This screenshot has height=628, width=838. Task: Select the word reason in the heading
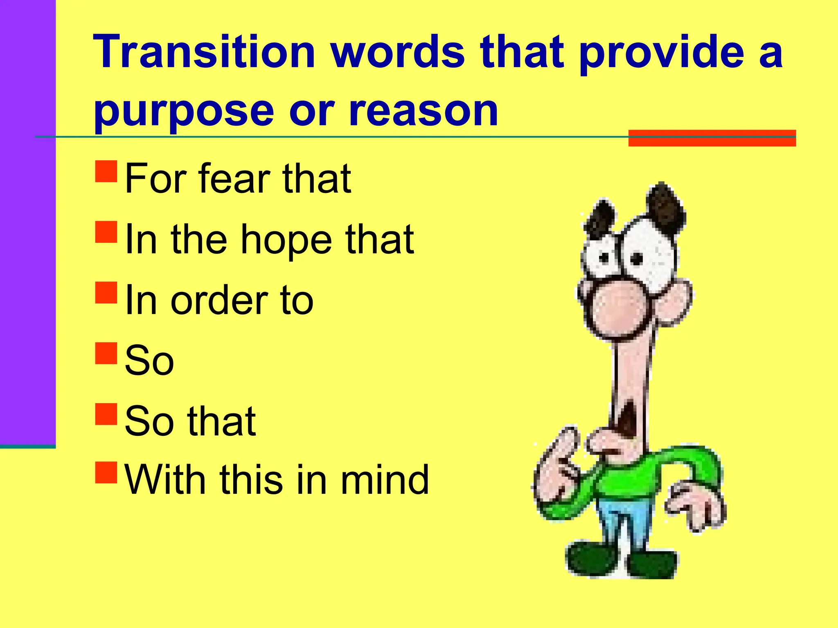click(423, 111)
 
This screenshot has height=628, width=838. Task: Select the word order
click(219, 301)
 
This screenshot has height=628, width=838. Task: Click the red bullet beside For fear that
click(106, 171)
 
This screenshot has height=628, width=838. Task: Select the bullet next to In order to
click(106, 292)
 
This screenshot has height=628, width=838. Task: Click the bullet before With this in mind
click(106, 473)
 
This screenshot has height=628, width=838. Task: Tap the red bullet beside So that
click(106, 415)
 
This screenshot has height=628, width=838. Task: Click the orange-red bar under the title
click(712, 138)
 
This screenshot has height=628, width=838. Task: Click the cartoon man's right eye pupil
click(637, 258)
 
